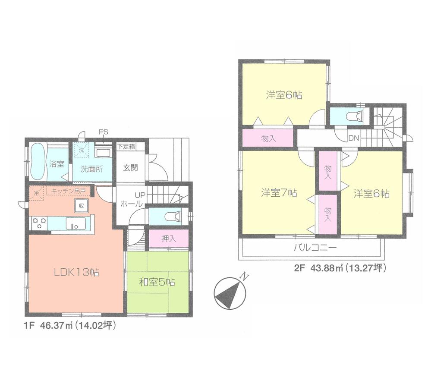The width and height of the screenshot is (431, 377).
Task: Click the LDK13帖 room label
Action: (x=76, y=272)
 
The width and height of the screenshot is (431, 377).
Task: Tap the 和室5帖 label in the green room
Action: (x=157, y=283)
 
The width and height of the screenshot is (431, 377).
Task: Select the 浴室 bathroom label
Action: (x=57, y=164)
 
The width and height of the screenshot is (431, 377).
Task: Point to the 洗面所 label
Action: (x=91, y=169)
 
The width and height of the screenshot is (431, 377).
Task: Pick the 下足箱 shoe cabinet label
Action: (x=126, y=147)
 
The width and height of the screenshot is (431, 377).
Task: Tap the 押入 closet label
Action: (x=168, y=239)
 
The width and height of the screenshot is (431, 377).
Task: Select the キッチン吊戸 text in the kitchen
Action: (x=68, y=190)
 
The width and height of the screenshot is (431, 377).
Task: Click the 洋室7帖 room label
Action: (x=278, y=193)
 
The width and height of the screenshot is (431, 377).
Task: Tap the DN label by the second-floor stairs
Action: (x=354, y=138)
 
